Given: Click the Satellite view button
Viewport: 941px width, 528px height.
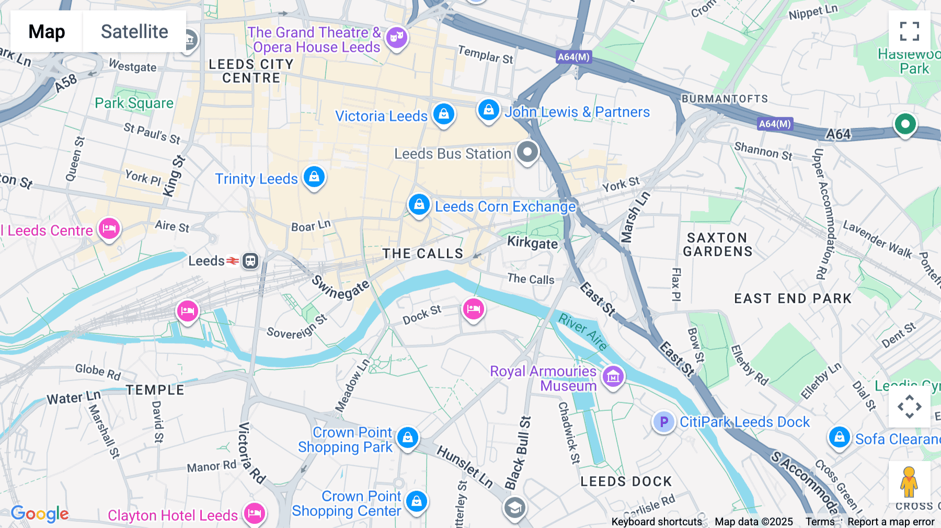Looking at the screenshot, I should coord(134,31).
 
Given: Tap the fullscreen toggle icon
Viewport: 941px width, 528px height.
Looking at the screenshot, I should coord(909,31).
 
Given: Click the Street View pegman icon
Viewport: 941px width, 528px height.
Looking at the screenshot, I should coord(909,482).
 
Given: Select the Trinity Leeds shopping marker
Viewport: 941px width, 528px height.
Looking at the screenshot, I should coord(314,177).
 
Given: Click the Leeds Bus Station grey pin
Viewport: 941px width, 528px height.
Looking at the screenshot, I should coord(527,152).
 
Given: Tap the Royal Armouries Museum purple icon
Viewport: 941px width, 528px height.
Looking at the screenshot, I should coord(613,376).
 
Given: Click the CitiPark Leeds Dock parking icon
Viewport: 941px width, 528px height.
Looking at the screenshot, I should coord(663,421).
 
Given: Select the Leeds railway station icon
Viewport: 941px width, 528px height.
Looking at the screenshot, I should coord(250,260).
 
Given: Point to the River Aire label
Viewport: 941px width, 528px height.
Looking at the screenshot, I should coord(583,331).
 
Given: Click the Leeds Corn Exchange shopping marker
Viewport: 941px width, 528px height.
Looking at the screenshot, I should coord(419,204).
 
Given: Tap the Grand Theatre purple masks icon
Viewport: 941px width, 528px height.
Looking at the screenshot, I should coord(396,37).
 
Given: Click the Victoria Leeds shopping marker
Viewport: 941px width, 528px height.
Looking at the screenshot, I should coord(443,113).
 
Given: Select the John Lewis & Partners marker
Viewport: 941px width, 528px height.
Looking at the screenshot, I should coord(488,110).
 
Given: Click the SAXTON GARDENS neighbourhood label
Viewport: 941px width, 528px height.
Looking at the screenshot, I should coord(717,245).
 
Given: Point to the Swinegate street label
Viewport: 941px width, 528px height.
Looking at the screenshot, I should coord(341,288).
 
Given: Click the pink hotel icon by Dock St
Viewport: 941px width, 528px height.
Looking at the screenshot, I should coord(473,309).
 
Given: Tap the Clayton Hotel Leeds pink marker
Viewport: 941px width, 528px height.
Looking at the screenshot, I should coord(254,513).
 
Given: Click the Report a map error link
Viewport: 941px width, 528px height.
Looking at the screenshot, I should coord(891,522).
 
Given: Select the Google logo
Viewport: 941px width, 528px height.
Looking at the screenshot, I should coord(40,513).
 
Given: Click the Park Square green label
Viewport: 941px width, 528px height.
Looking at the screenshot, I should coord(134,103).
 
